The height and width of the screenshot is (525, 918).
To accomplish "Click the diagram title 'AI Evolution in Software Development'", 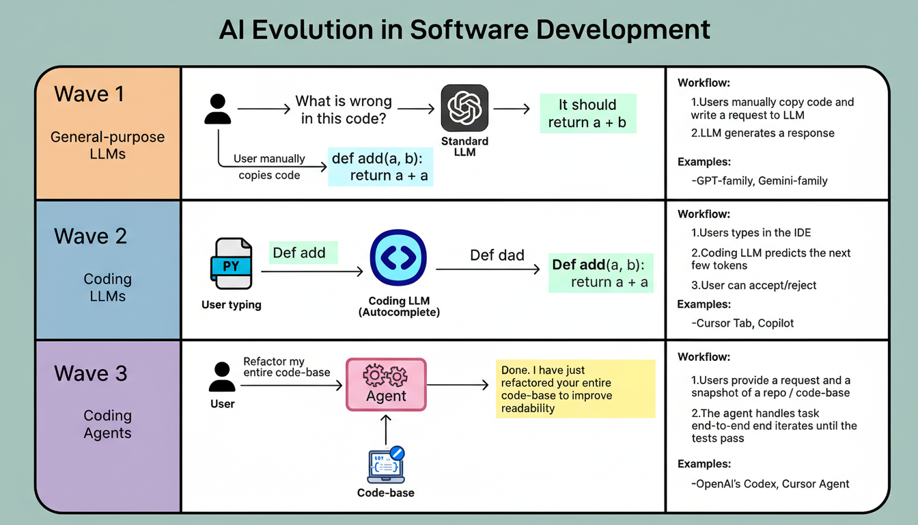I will [x=464, y=30].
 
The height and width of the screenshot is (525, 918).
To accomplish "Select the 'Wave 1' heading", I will [x=89, y=94].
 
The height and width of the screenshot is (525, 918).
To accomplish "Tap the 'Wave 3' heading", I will [x=90, y=373].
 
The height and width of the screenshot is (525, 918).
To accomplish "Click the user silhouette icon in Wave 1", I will [x=218, y=110].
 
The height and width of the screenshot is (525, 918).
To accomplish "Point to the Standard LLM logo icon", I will [x=464, y=108].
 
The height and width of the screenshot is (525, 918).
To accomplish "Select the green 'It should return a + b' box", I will [x=587, y=113].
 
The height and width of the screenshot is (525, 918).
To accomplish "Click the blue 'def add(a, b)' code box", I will [x=381, y=167].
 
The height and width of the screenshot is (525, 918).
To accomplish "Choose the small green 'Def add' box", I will [x=299, y=253].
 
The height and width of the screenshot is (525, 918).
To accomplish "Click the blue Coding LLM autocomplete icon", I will [x=398, y=258].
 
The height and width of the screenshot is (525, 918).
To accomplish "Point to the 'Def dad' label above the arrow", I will [x=497, y=256].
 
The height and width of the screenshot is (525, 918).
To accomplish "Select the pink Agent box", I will [x=386, y=384].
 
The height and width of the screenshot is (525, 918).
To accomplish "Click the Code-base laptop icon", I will [x=386, y=466].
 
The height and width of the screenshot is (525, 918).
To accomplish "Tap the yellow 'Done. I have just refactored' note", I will [x=575, y=389].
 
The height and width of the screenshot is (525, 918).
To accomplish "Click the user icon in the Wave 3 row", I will [x=221, y=377].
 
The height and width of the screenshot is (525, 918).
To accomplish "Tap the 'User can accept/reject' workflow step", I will [x=753, y=285].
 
